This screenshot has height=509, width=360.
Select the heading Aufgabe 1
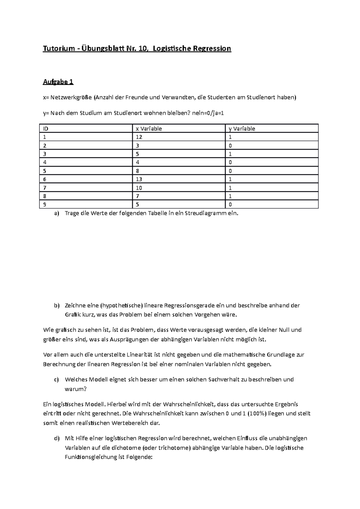(x=58, y=82)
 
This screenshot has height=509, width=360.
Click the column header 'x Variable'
(x=149, y=129)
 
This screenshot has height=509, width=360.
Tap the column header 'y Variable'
(x=242, y=129)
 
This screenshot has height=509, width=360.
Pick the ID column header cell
(x=46, y=129)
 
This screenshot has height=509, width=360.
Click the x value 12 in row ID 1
(x=139, y=137)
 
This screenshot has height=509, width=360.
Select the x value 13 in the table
(x=139, y=179)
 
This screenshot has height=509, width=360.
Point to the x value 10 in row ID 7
(x=139, y=188)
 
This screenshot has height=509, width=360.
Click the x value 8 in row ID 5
(x=137, y=171)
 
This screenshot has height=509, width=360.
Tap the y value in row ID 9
(x=230, y=205)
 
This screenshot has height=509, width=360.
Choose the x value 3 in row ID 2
(x=137, y=146)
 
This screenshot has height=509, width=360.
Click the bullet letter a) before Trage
(x=57, y=214)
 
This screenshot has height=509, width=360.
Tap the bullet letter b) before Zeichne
(x=57, y=306)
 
